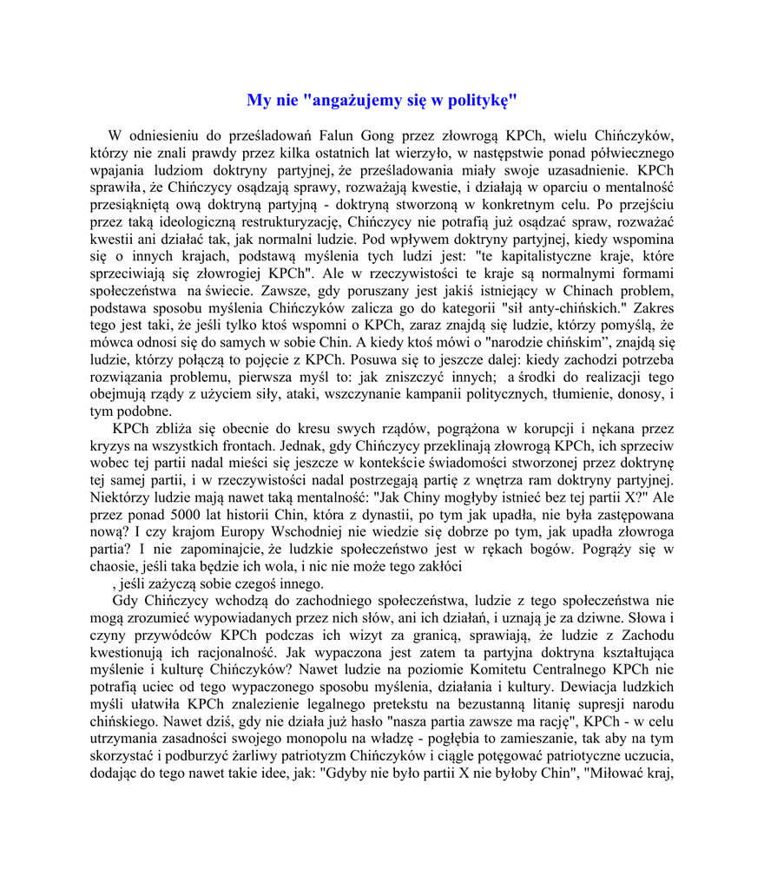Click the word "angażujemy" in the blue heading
[x=356, y=101]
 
